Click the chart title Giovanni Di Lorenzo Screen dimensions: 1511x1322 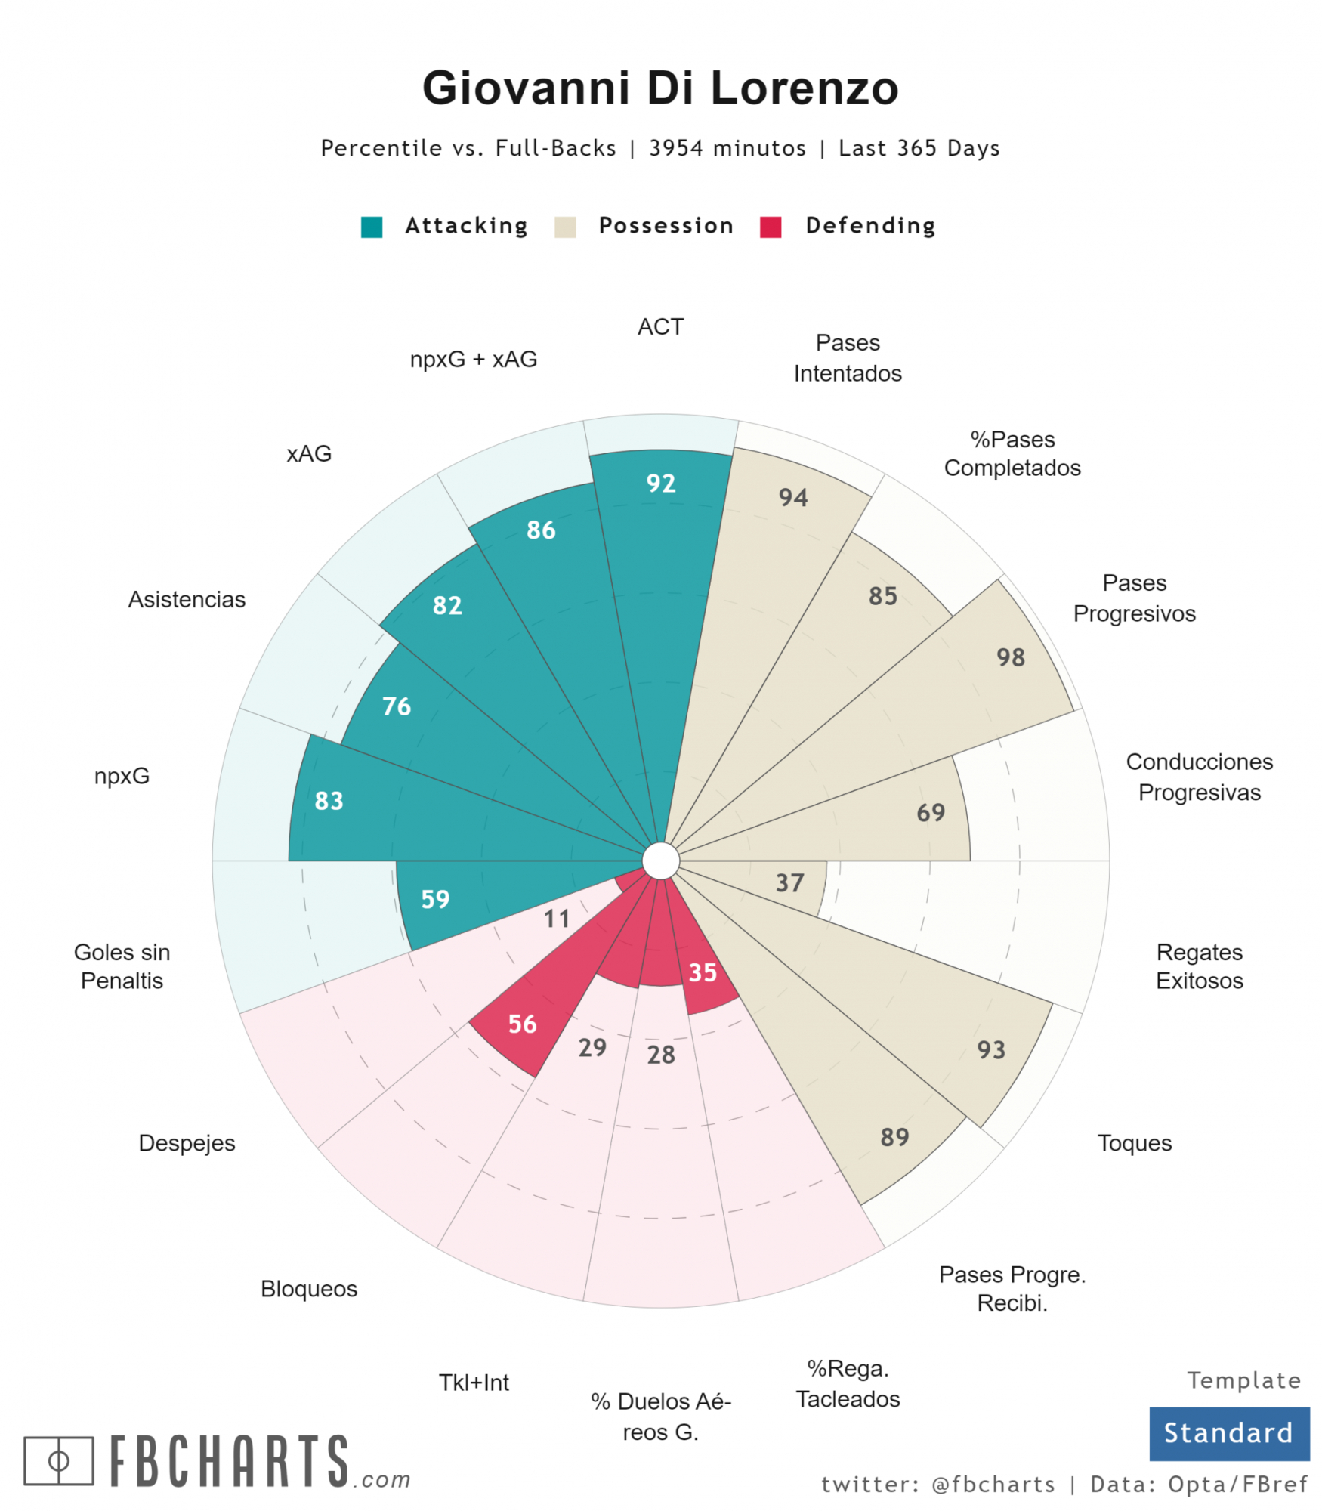click(659, 88)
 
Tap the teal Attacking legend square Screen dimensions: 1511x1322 click(371, 227)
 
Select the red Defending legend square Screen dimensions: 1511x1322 click(770, 227)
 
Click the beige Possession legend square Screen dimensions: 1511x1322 click(564, 227)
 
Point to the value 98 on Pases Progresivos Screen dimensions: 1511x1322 click(1010, 657)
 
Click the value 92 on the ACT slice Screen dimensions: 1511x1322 click(660, 484)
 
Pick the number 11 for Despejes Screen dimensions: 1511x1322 click(557, 919)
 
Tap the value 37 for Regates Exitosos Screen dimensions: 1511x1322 click(789, 882)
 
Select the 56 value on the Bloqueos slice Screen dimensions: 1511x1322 click(522, 1024)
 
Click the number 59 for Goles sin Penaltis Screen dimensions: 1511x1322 click(435, 899)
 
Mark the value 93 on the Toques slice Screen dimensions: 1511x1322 click(990, 1049)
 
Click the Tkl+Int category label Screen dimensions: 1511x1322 click(474, 1383)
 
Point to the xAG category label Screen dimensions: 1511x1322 click(309, 453)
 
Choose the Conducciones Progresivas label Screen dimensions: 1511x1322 click(1199, 777)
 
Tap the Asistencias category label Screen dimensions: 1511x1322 click(187, 599)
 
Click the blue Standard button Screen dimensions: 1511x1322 click(1228, 1433)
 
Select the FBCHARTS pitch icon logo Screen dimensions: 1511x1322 click(59, 1460)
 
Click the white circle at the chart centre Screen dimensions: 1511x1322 click(660, 861)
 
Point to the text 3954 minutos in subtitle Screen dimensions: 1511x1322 click(727, 148)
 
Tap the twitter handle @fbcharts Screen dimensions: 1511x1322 click(993, 1485)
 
